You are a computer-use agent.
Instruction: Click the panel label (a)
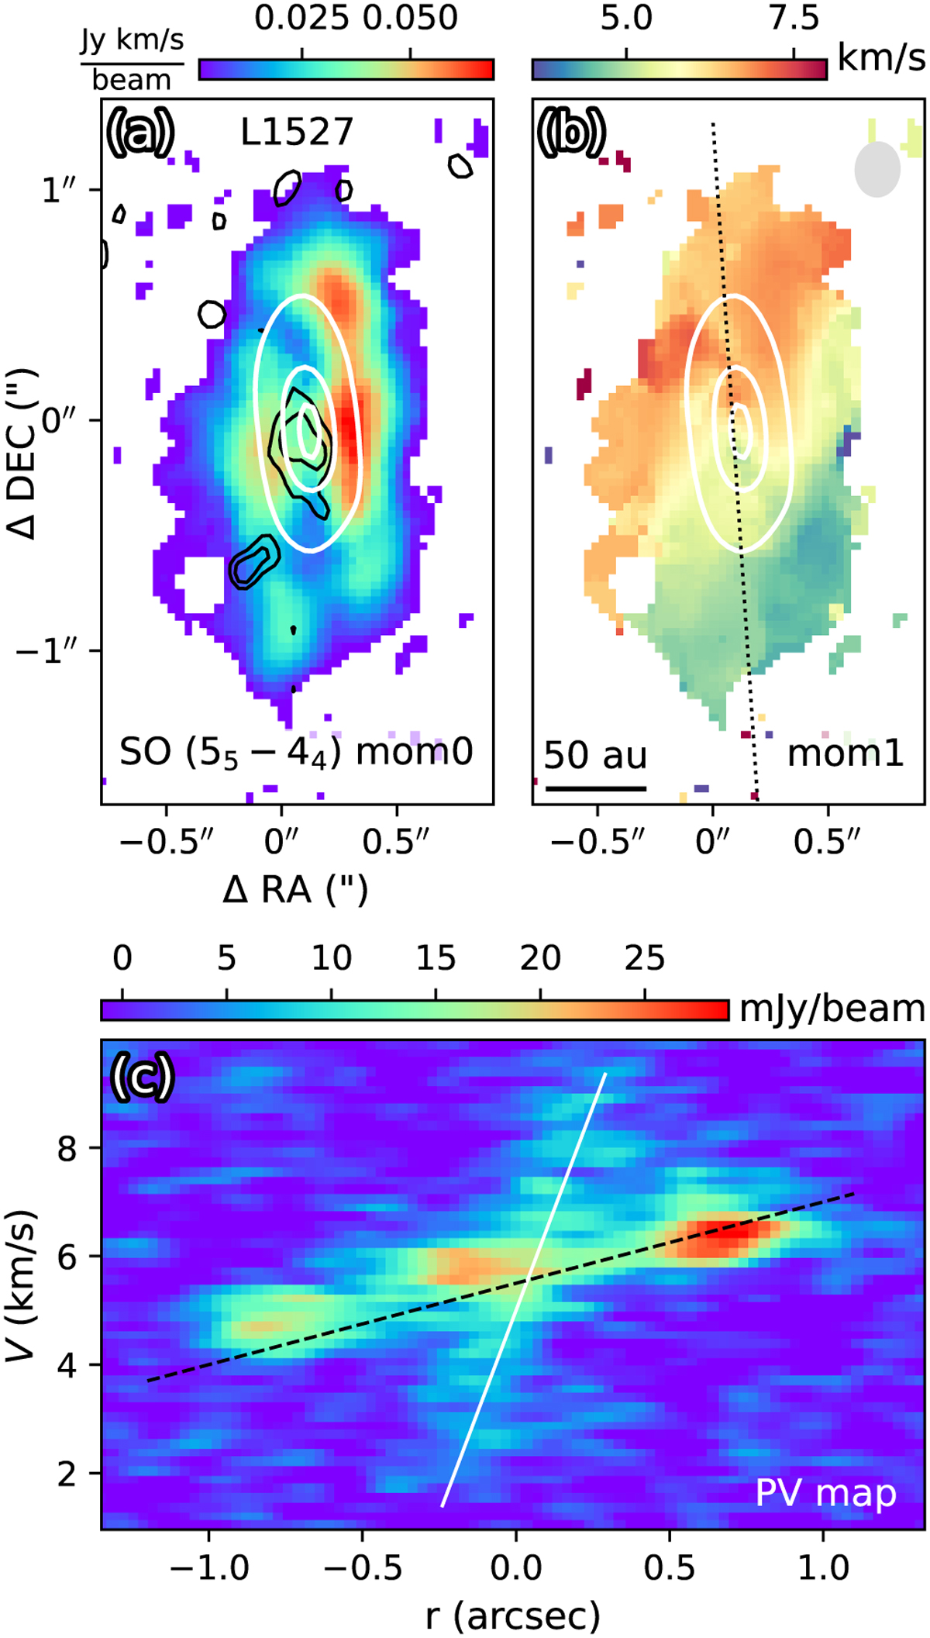pyautogui.click(x=140, y=132)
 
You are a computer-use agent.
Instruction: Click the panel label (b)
pyautogui.click(x=571, y=132)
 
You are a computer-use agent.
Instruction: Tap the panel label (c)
pyautogui.click(x=141, y=1077)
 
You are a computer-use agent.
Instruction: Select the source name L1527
pyautogui.click(x=297, y=132)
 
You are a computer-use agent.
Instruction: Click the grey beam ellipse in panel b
pyautogui.click(x=877, y=169)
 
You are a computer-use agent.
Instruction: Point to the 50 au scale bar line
pyautogui.click(x=595, y=788)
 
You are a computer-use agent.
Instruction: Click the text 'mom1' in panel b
pyautogui.click(x=846, y=753)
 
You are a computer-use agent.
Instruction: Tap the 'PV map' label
pyautogui.click(x=825, y=1493)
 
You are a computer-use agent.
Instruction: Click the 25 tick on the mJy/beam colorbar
pyautogui.click(x=645, y=959)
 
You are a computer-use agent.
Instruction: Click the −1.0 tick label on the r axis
pyautogui.click(x=200, y=1567)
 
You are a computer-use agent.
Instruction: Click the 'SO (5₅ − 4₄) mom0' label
pyautogui.click(x=296, y=753)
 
